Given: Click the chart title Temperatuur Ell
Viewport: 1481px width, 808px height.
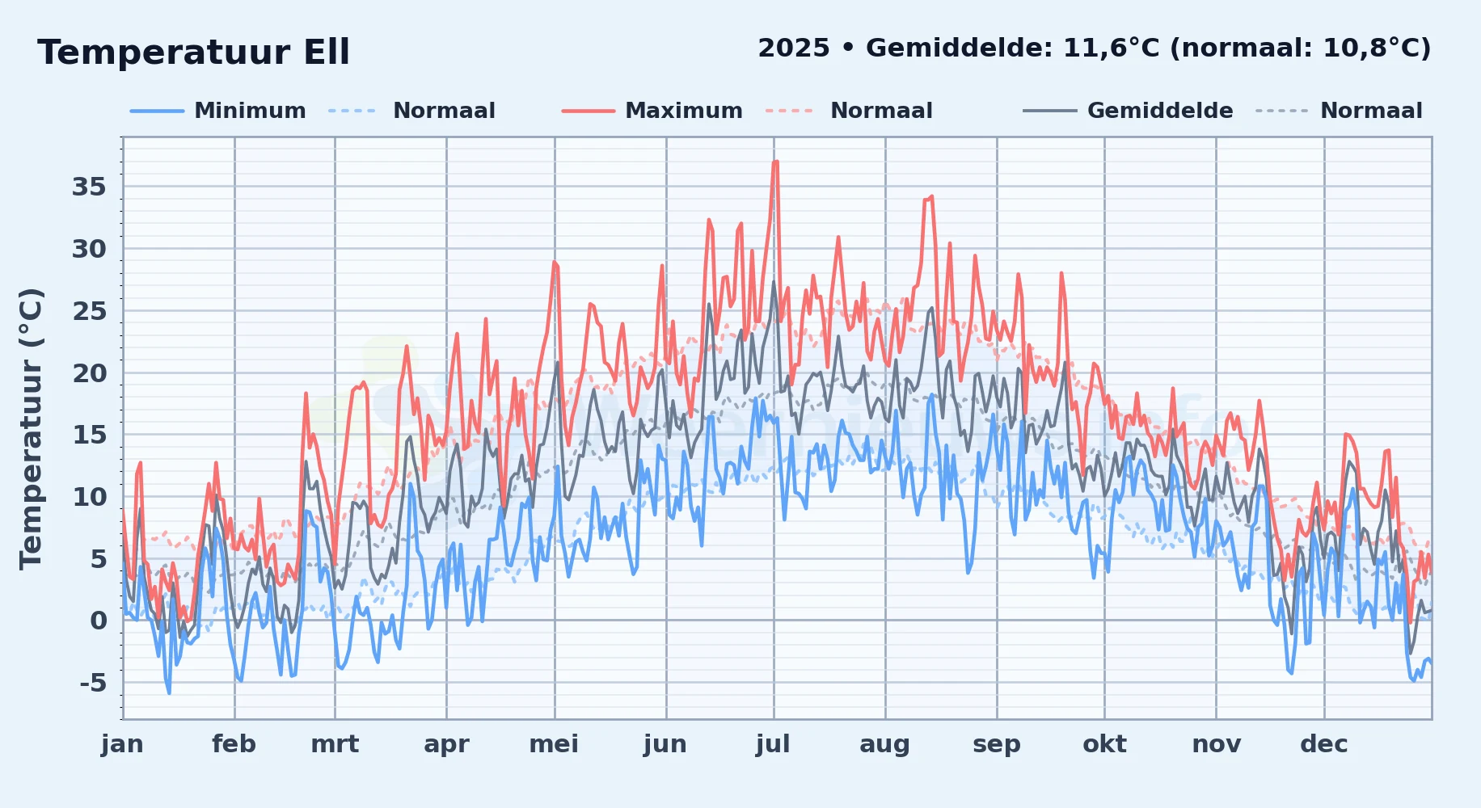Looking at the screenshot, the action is [x=193, y=53].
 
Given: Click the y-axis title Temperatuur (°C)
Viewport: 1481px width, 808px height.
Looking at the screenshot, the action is [x=31, y=429].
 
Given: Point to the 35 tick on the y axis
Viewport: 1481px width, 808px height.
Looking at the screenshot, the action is [x=89, y=187].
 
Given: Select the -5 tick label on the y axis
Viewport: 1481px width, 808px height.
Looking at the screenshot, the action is [x=93, y=684].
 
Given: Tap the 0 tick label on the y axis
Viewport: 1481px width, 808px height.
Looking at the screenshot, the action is [x=99, y=621].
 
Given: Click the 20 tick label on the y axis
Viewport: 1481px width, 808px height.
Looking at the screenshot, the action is [x=89, y=373].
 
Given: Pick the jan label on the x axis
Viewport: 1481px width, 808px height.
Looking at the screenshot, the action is [x=122, y=744].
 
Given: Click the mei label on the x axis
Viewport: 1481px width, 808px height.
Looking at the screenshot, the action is [x=554, y=744].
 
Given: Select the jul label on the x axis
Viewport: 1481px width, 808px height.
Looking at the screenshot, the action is [x=773, y=744].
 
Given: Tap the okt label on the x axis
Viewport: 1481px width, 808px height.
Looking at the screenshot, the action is [x=1104, y=744].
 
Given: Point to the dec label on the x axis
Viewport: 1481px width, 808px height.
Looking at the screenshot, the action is [x=1324, y=744].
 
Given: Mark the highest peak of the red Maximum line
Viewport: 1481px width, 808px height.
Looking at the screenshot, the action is [x=775, y=162].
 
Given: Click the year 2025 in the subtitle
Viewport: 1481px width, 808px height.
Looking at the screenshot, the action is [x=794, y=48].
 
